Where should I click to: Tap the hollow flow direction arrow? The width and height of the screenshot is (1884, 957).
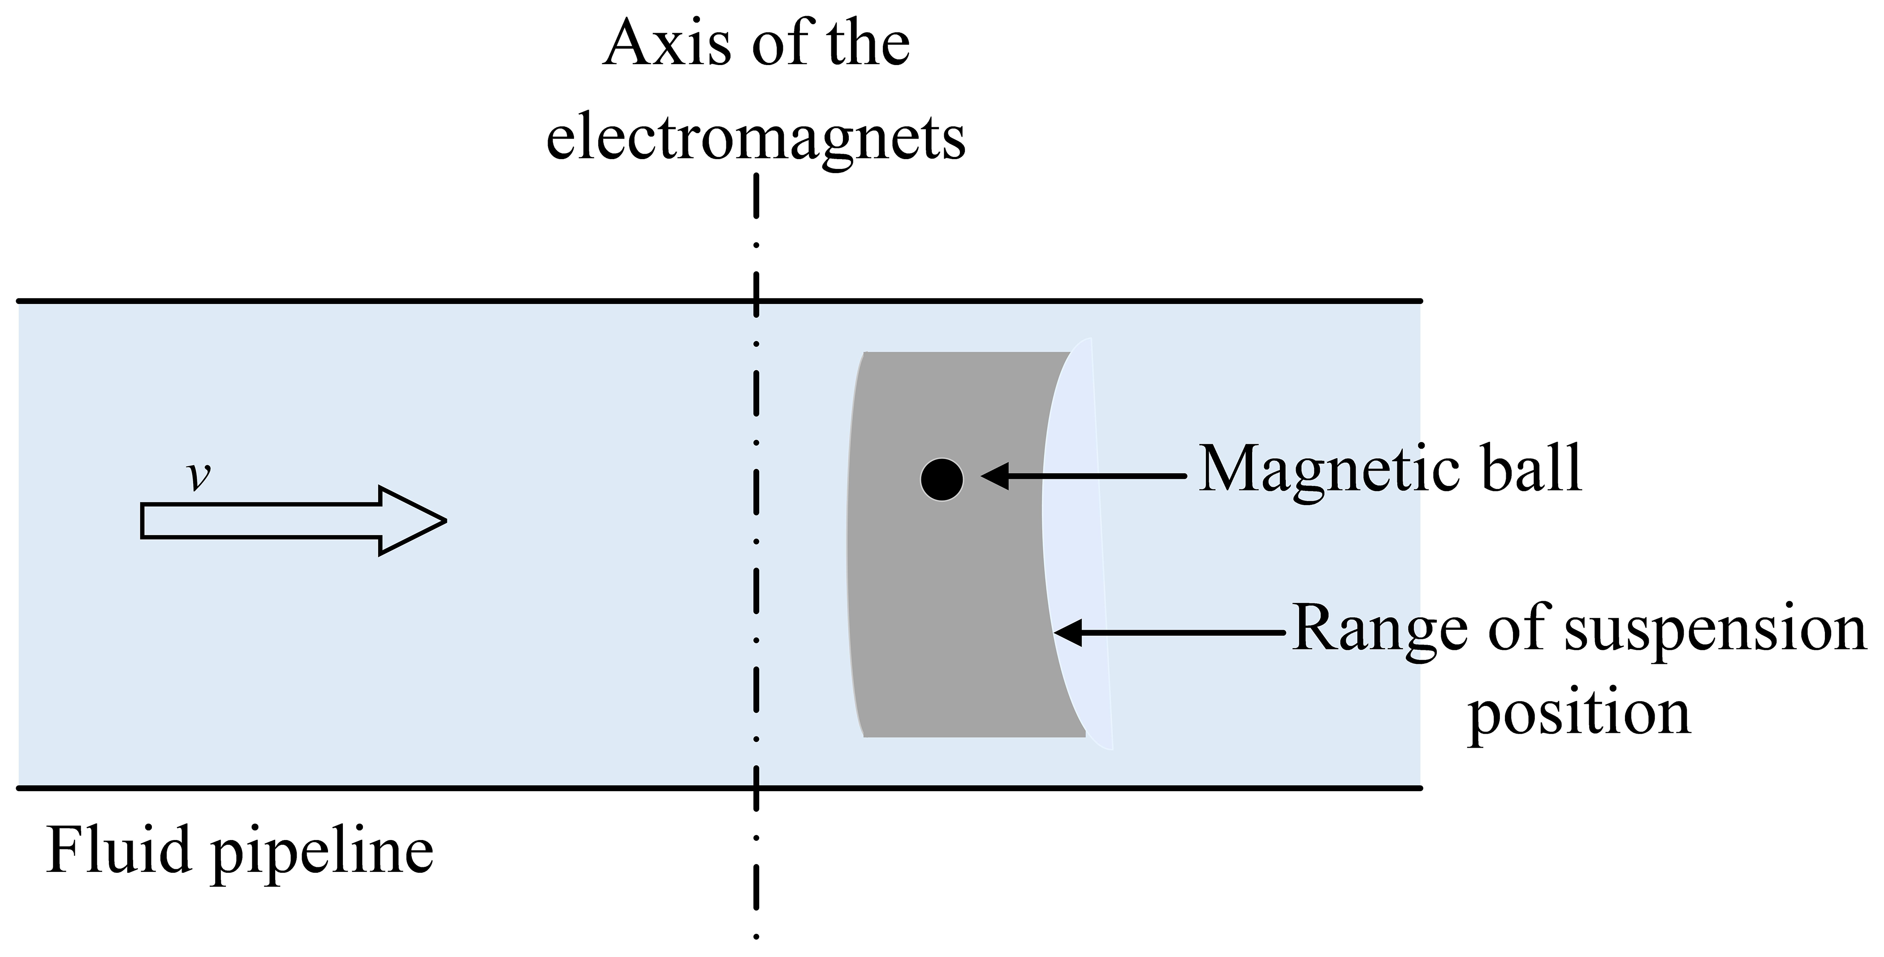coord(293,521)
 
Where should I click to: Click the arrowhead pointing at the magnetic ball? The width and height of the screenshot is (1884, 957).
coord(995,476)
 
